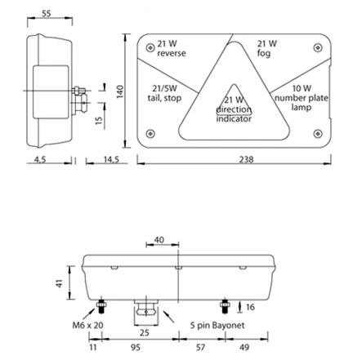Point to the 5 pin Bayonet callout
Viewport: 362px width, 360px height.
click(217, 325)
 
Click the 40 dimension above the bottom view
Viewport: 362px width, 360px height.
click(159, 240)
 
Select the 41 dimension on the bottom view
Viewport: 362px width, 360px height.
click(58, 283)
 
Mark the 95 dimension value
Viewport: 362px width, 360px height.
click(135, 346)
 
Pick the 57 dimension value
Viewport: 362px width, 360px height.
click(212, 346)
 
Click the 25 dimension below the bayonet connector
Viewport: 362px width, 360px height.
click(145, 332)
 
